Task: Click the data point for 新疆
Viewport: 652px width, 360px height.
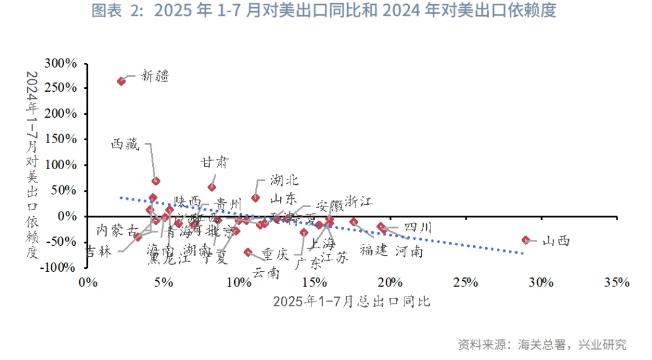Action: click(121, 81)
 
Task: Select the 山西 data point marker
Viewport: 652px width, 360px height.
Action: click(526, 240)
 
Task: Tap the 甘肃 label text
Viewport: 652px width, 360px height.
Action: click(215, 162)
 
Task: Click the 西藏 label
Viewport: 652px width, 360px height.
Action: click(125, 144)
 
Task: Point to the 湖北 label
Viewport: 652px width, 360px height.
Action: click(284, 180)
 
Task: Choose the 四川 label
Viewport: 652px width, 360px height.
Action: click(418, 228)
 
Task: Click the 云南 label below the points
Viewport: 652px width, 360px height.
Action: click(266, 273)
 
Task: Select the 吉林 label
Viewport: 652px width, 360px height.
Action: click(98, 251)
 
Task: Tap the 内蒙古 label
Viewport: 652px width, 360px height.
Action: click(117, 230)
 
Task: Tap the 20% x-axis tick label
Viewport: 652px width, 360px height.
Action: click(390, 283)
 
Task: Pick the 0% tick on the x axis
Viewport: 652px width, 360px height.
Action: click(88, 283)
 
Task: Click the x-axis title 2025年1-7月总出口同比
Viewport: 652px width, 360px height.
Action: click(351, 301)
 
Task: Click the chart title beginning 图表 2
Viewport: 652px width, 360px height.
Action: click(324, 11)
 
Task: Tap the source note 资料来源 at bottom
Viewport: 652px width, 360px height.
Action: click(542, 344)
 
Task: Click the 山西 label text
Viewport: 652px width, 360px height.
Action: click(555, 241)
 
